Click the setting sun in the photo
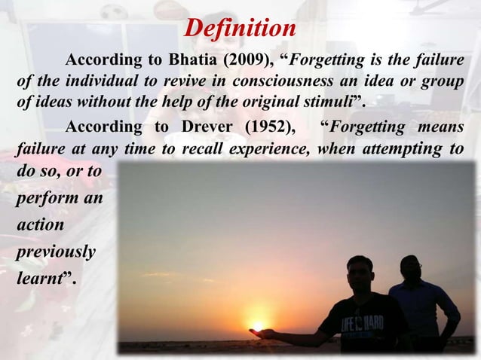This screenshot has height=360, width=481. coord(258,326)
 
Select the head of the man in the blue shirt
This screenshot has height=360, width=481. coord(410,267)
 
